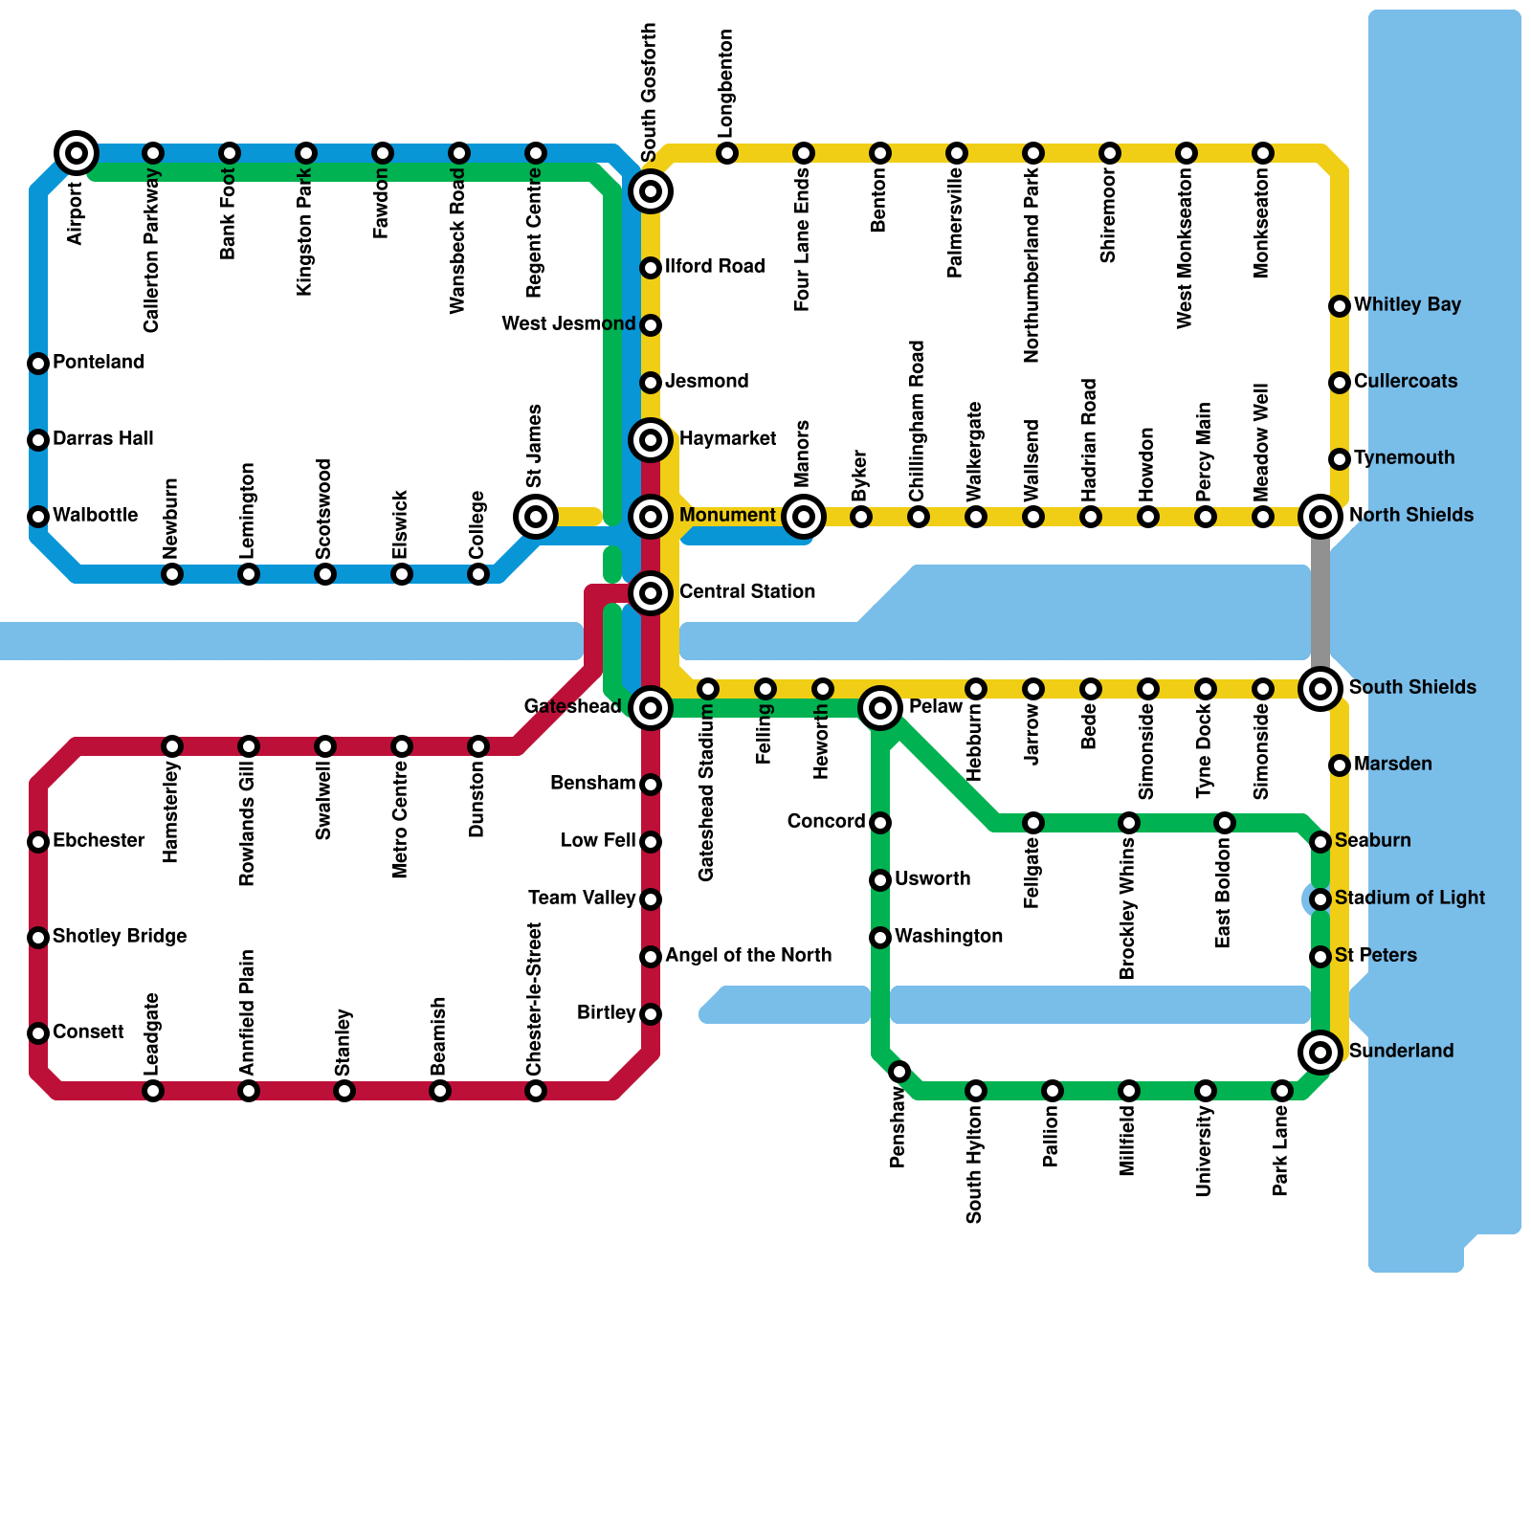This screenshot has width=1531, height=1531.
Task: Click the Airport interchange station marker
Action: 77,152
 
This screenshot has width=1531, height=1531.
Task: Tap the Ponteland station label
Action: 99,362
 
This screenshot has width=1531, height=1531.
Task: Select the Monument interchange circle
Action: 651,517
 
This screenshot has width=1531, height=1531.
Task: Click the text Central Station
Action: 746,591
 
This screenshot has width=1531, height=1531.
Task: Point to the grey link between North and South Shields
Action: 1320,603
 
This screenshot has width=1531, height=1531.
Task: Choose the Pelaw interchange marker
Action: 880,708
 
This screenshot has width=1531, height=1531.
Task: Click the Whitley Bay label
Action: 1407,304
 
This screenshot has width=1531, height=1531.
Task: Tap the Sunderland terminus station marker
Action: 1320,1053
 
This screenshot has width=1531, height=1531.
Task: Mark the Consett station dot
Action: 38,1033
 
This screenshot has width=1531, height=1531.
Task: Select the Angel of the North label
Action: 748,955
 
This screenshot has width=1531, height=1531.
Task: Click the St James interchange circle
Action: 536,517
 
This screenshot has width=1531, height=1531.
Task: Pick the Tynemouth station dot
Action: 1340,459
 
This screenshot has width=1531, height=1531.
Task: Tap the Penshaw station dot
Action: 899,1072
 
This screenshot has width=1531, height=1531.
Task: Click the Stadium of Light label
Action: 1409,898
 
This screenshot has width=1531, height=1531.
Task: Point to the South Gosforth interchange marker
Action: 651,191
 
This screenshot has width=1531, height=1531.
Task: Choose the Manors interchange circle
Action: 804,517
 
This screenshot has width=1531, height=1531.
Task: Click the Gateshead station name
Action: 572,706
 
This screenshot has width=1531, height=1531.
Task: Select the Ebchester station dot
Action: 38,842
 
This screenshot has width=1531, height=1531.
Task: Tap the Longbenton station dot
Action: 727,153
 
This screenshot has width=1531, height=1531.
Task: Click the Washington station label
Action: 948,936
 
